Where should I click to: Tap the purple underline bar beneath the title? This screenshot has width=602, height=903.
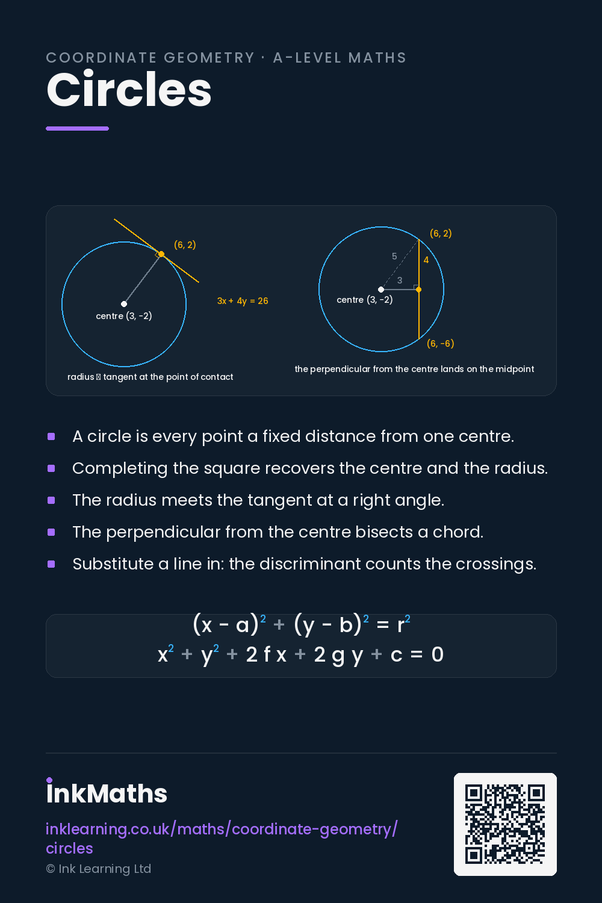[x=78, y=129]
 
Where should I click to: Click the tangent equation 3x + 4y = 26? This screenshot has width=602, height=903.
[x=243, y=301]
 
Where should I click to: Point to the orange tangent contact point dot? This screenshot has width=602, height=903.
[x=161, y=254]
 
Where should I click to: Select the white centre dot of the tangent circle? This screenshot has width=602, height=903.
[x=124, y=304]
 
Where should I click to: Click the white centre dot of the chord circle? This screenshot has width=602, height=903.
[x=381, y=290]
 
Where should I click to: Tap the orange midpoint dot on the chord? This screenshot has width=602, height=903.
[x=418, y=290]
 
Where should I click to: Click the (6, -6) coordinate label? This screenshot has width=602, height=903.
[x=440, y=344]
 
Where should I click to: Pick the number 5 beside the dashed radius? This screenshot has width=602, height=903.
[x=394, y=256]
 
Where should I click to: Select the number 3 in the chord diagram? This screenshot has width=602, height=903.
[x=400, y=281]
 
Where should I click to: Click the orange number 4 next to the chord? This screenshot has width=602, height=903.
[x=426, y=260]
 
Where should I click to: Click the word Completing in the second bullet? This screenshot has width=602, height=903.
[x=120, y=469]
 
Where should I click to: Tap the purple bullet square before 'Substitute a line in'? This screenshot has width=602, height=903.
[x=51, y=564]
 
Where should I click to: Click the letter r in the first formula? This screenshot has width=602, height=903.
[x=401, y=625]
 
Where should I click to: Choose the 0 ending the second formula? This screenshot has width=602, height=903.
[x=438, y=654]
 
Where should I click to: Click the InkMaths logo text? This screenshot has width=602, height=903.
[x=107, y=792]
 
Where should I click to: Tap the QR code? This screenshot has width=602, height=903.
[x=505, y=824]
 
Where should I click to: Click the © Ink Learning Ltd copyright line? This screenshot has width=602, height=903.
[x=98, y=869]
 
